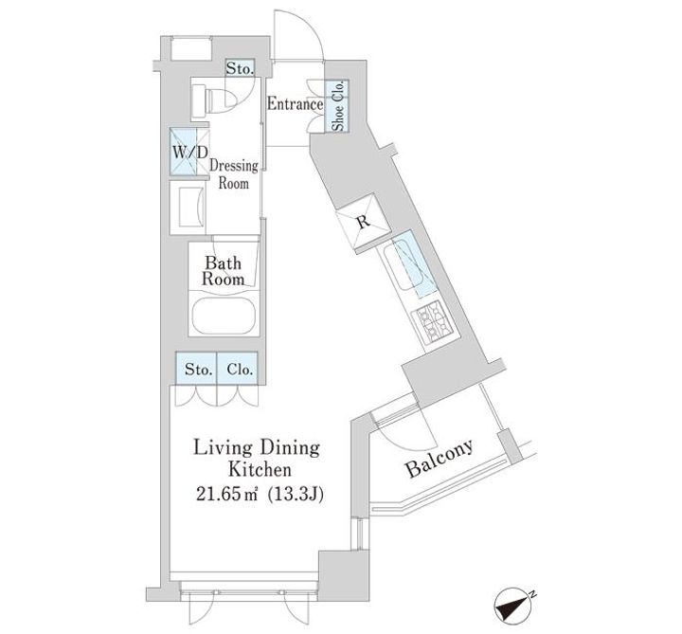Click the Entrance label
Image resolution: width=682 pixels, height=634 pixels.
pos(295,105)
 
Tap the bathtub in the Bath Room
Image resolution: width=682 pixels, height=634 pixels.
pos(225,317)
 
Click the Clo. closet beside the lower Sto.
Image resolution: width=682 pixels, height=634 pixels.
pos(239,369)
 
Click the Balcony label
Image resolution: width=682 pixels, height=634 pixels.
pos(439,460)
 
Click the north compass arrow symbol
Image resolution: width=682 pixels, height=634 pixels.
pos(516,602)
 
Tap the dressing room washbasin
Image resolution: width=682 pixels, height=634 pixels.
pos(188,202)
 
